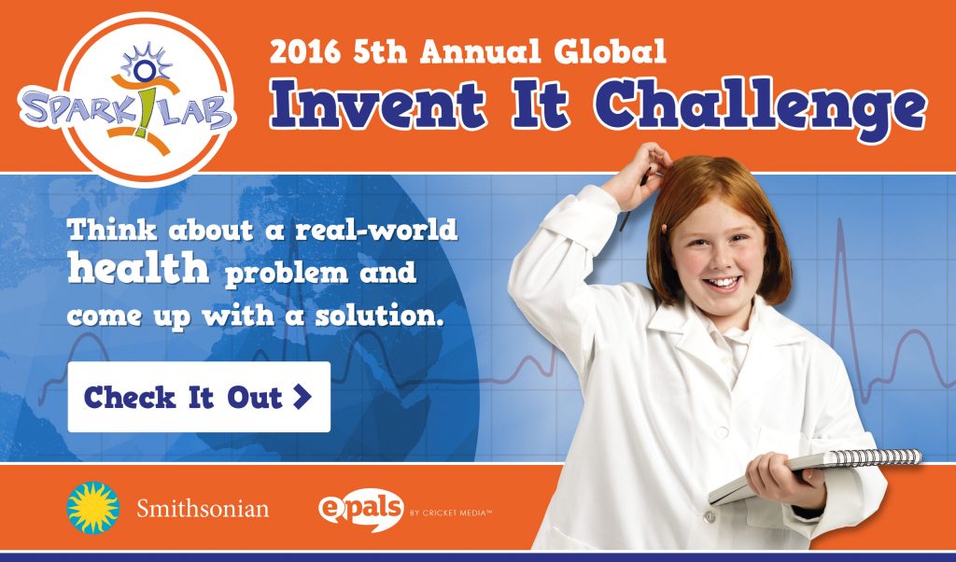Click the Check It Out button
tap(198, 397)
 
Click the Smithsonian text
tap(203, 509)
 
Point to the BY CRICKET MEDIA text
tap(450, 513)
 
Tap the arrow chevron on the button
tap(302, 397)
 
